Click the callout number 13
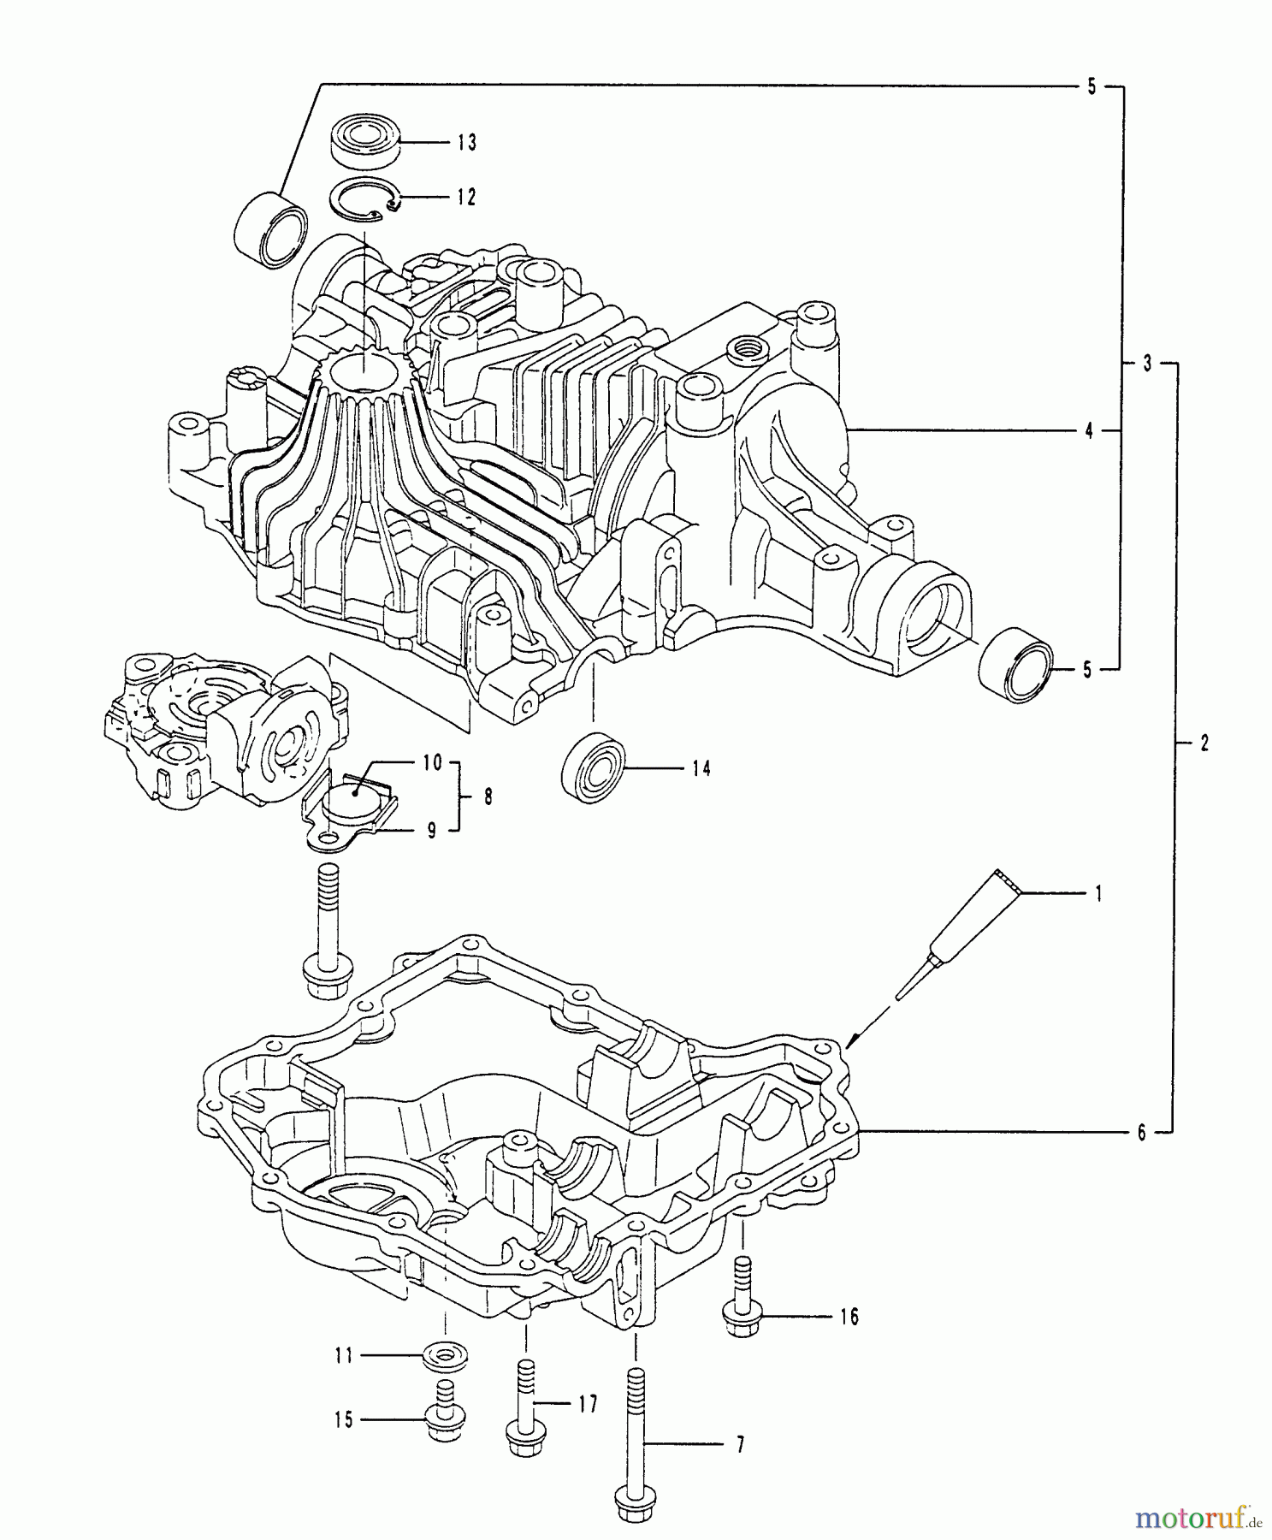pos(466,142)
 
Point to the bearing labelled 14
pos(593,766)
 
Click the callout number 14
pos(701,769)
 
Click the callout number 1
pos(1098,894)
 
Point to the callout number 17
pos(587,1404)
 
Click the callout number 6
pos(1141,1133)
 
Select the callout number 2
pos(1204,743)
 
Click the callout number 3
pos(1148,364)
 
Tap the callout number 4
pos(1089,432)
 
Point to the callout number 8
pos(488,797)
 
